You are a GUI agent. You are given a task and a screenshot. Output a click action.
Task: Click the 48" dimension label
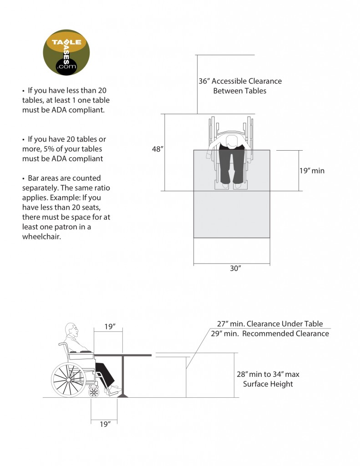[x=157, y=149]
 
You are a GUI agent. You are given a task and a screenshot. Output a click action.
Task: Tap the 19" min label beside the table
[x=312, y=171]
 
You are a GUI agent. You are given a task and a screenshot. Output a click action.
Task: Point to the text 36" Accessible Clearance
[x=240, y=81]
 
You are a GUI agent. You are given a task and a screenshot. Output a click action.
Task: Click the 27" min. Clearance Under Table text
[x=269, y=324]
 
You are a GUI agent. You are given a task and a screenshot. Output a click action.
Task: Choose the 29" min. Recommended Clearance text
[x=269, y=334]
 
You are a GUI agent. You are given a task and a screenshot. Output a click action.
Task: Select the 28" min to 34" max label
[x=268, y=374]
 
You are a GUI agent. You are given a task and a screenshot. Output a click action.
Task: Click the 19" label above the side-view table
[x=109, y=327]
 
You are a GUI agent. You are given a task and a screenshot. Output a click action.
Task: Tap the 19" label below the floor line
[x=105, y=424]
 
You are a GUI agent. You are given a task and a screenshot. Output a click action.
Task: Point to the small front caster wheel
[x=94, y=391]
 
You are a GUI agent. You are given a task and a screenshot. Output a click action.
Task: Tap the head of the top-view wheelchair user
[x=232, y=141]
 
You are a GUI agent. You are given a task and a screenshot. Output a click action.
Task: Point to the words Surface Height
[x=268, y=384]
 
